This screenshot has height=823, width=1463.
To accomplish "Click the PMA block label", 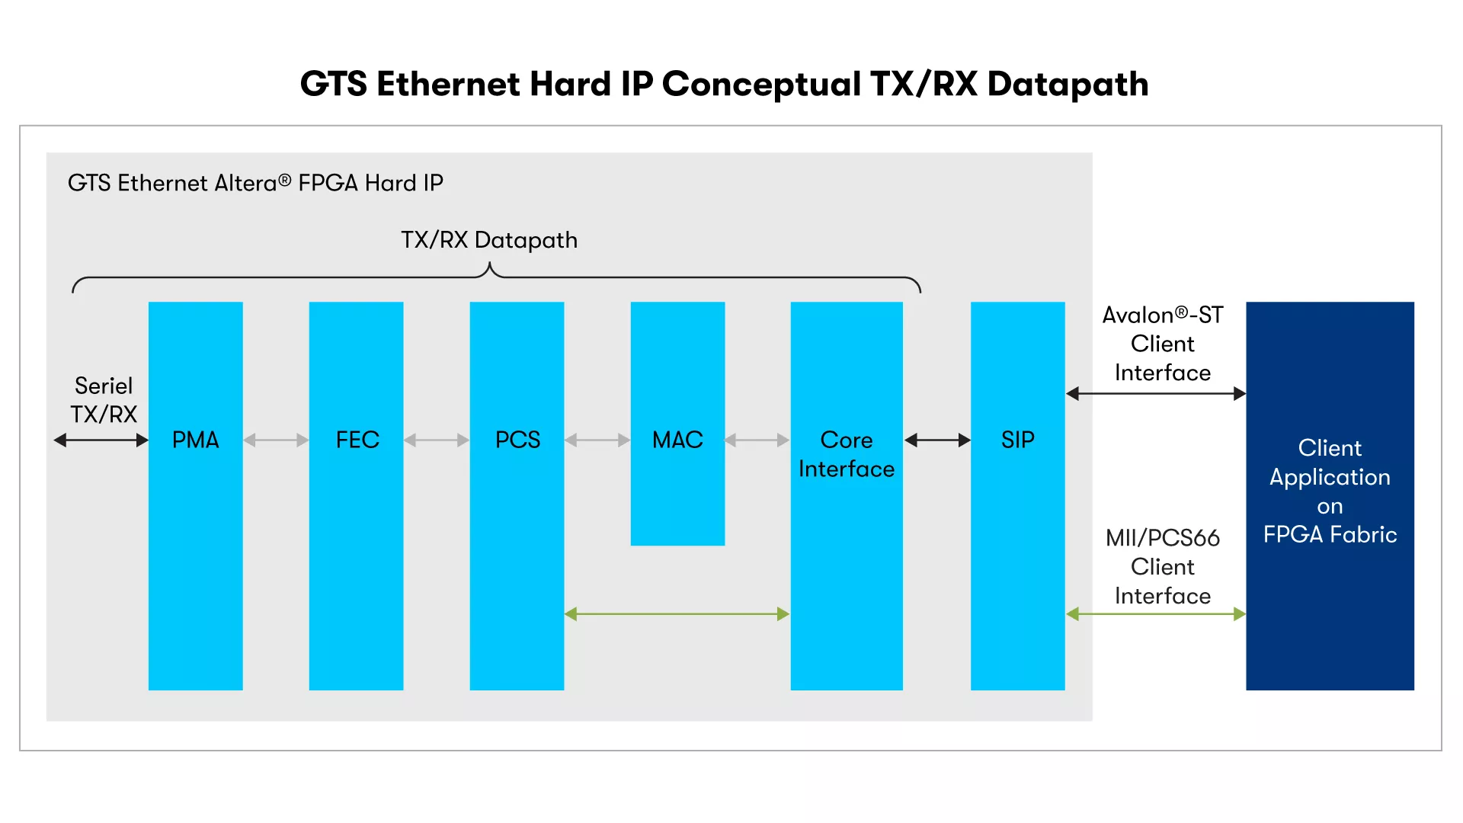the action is [195, 440].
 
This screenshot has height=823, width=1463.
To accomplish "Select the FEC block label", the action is [357, 440].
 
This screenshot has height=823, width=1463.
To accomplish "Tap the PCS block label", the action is [517, 440].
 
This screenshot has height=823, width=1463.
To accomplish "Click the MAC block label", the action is [677, 440].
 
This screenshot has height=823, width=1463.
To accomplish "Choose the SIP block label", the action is [1018, 440].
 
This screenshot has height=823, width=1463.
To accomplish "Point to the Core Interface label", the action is [847, 454].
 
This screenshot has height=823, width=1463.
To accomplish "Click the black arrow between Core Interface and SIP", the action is [937, 440].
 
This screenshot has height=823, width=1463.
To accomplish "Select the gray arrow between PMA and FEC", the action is [276, 440].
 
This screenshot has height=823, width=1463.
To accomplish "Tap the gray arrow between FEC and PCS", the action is [437, 440].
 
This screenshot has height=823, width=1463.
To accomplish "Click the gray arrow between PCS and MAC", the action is [597, 440].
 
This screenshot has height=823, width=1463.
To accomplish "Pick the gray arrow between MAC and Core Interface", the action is [757, 440].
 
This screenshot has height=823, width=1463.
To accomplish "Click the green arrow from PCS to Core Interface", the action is [677, 614].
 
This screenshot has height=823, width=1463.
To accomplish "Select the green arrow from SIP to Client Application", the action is [1156, 614].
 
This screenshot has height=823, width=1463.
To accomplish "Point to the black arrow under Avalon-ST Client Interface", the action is [1156, 394].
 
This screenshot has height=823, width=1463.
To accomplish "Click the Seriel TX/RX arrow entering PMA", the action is [101, 440].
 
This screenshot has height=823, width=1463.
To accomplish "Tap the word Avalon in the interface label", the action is [1138, 315].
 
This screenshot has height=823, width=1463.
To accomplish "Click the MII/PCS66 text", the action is [1163, 538].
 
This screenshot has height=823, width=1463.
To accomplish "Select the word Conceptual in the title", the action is [761, 85].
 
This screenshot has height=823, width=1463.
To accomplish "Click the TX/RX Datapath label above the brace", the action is [489, 240].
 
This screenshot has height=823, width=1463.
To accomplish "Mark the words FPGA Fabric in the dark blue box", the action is [1330, 535].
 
